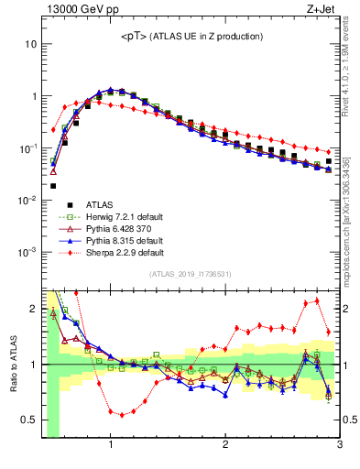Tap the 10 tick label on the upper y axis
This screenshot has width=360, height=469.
30,44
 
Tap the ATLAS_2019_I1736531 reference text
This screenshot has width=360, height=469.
190,275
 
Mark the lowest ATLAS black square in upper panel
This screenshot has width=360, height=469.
53,185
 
